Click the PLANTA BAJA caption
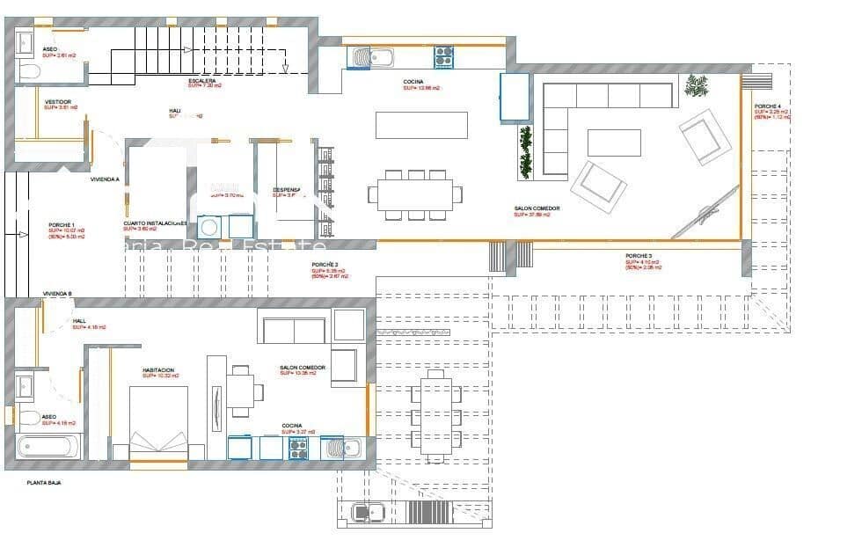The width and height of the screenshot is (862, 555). pyautogui.click(x=43, y=483)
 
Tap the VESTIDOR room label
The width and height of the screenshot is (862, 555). pyautogui.click(x=58, y=102)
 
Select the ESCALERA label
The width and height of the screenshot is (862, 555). pyautogui.click(x=201, y=81)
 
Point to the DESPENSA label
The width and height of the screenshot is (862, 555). pyautogui.click(x=287, y=189)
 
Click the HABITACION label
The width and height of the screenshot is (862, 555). pyautogui.click(x=158, y=370)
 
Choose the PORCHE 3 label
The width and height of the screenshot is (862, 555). pyautogui.click(x=639, y=256)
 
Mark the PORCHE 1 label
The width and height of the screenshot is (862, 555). pyautogui.click(x=62, y=225)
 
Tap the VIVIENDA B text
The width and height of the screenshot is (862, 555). pyautogui.click(x=57, y=293)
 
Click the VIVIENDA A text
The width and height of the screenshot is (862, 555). pyautogui.click(x=105, y=179)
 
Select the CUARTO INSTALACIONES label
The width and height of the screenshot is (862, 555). pyautogui.click(x=155, y=224)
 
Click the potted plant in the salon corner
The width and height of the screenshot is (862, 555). pyautogui.click(x=697, y=85)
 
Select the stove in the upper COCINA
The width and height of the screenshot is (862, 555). pyautogui.click(x=442, y=57)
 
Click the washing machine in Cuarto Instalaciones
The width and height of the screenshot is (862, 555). pyautogui.click(x=209, y=227)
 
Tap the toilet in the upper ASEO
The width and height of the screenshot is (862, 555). pyautogui.click(x=27, y=71)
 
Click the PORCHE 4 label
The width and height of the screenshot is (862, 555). pyautogui.click(x=767, y=106)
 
